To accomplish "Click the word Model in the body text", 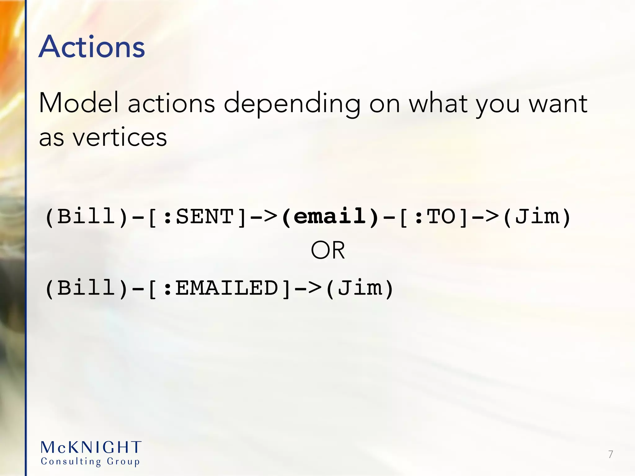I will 79,103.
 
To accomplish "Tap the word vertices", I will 120,137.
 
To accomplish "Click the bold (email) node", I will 331,216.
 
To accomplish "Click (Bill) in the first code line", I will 87,216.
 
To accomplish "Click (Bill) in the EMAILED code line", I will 87,288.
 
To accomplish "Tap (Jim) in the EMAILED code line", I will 360,288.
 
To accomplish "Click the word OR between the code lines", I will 328,250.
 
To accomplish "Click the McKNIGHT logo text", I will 91,447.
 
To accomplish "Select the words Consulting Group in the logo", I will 90,461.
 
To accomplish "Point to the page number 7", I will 611,454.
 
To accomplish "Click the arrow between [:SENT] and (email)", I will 264,216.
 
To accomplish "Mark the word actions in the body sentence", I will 171,103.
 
